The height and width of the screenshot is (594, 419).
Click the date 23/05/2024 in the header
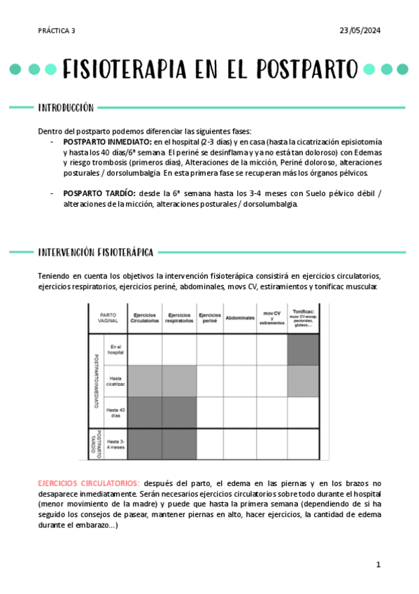pos(360,30)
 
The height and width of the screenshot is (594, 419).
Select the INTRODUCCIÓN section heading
pos(66,108)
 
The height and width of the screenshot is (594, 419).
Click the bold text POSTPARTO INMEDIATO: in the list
pos(108,141)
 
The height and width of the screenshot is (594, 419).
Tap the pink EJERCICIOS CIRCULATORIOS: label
pos(89,483)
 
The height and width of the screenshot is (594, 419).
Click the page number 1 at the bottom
pos(378,564)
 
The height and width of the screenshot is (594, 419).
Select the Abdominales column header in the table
pos(240,318)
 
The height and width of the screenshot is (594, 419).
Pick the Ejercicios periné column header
pos(210,318)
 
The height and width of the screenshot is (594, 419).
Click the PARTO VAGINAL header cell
pos(108,318)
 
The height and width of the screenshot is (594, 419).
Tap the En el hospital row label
pos(115,350)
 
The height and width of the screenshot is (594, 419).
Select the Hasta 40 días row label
pos(115,412)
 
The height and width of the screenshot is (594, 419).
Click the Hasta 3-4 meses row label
pos(115,443)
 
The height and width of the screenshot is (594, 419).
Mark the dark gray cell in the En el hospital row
pos(303,350)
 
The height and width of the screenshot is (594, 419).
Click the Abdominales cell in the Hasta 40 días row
pos(240,412)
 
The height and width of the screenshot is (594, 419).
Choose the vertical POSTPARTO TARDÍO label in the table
pos(97,443)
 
